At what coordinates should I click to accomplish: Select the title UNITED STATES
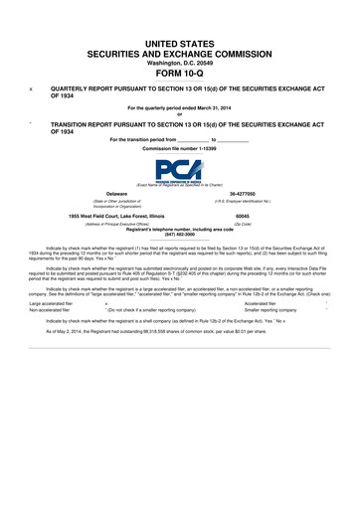pos(179,34)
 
